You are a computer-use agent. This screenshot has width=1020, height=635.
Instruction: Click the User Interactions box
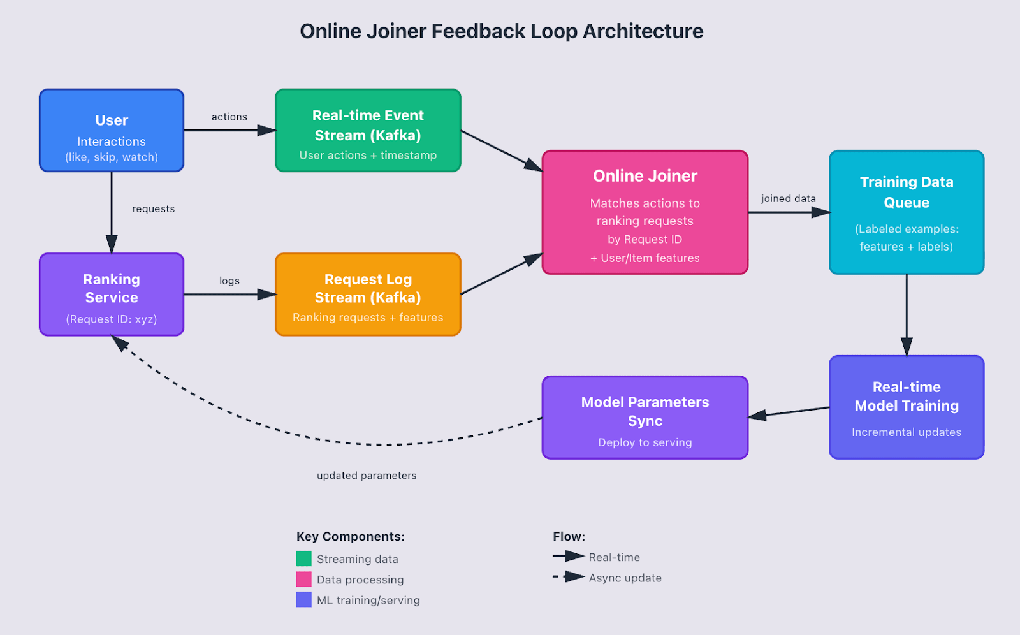point(112,131)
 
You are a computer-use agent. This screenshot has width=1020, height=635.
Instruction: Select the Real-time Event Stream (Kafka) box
point(368,131)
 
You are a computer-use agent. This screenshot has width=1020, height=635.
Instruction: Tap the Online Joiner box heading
point(645,176)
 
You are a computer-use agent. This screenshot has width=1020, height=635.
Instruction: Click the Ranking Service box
point(112,295)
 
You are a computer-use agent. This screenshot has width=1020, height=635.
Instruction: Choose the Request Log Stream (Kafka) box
point(368,295)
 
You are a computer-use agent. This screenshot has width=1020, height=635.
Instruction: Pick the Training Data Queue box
point(907,212)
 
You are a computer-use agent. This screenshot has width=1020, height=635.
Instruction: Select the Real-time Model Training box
point(907,407)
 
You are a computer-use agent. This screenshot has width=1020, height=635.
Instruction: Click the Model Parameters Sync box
point(645,418)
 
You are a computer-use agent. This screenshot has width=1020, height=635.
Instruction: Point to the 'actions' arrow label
point(229,117)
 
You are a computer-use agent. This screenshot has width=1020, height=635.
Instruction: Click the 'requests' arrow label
point(154,209)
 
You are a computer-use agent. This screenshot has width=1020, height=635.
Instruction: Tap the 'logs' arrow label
point(229,281)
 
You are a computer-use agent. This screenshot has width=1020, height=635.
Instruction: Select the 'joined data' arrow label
point(788,199)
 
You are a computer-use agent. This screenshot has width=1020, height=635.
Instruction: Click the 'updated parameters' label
point(367,476)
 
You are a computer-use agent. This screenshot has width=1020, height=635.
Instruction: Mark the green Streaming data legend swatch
point(304,559)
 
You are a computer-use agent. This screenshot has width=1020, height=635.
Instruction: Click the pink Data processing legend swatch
point(304,580)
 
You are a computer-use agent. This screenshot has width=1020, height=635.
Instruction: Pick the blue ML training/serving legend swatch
point(304,600)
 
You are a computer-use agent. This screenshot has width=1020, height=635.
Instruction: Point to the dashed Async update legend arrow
point(569,577)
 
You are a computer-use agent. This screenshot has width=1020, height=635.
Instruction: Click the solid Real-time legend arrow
point(569,557)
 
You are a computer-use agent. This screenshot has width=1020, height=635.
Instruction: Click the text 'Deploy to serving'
point(645,442)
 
